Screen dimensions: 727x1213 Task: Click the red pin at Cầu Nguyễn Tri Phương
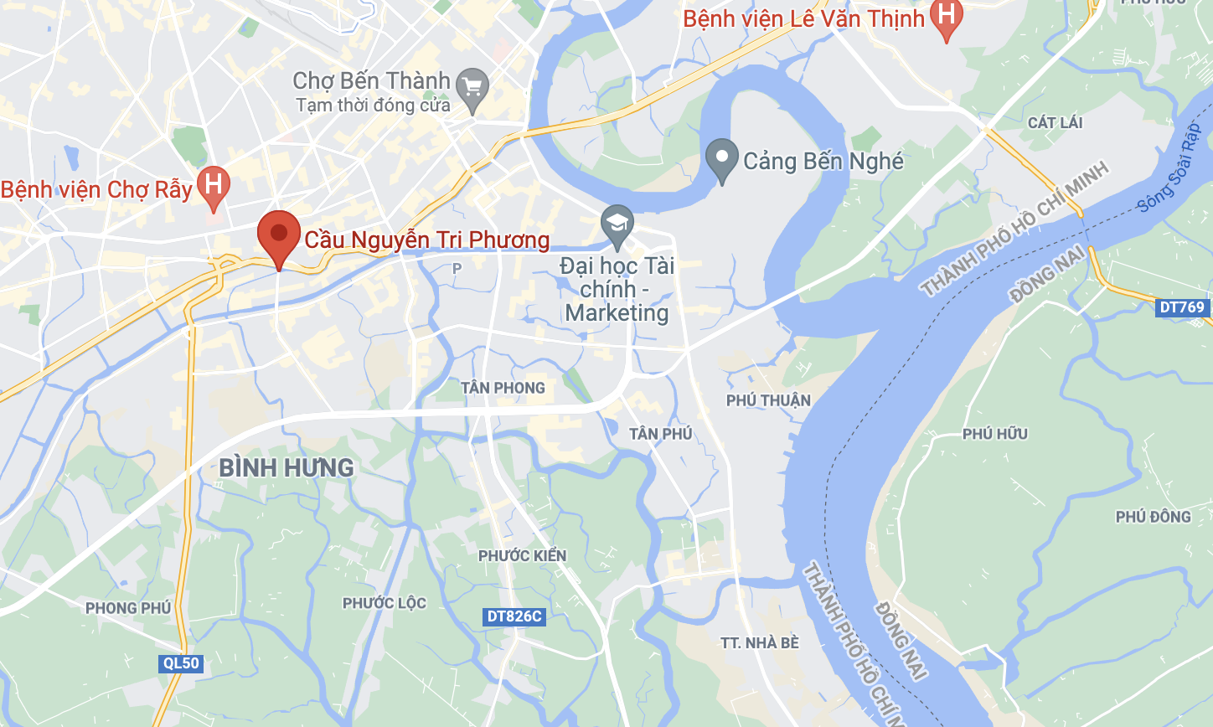[279, 235]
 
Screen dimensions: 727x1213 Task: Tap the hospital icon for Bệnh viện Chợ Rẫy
[213, 183]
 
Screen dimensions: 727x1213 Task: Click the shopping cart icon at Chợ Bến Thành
[472, 85]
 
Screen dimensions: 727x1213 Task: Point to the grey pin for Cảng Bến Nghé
[721, 158]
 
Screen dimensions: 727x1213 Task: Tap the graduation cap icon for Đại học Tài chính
[617, 224]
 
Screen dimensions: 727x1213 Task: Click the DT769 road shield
[1182, 307]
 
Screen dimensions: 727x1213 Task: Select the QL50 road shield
[181, 663]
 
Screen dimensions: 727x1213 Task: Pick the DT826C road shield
[514, 616]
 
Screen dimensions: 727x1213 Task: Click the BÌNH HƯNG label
[286, 467]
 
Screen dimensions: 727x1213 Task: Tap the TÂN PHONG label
[503, 388]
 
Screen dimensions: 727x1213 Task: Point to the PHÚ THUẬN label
[768, 400]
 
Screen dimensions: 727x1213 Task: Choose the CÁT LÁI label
[1055, 122]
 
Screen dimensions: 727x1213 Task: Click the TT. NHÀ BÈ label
[760, 642]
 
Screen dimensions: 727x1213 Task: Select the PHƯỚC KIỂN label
[522, 555]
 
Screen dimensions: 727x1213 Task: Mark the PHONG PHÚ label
[128, 608]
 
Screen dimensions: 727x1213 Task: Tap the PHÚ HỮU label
[994, 434]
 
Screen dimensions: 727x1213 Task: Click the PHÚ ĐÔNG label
[1153, 517]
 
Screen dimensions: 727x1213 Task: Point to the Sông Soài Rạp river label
[1169, 168]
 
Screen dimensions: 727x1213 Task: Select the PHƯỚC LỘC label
[384, 603]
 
